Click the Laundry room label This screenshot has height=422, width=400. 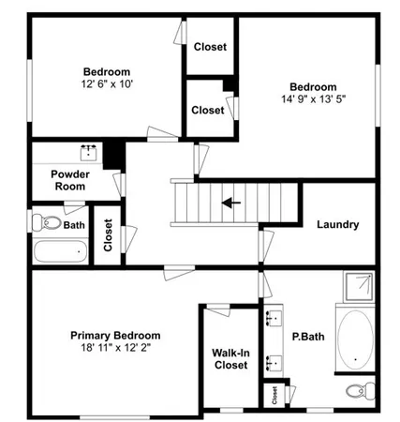click(x=338, y=224)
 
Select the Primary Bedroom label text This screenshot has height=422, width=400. click(x=115, y=335)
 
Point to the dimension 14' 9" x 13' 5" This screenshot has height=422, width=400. click(x=312, y=96)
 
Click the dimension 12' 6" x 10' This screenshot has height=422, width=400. click(x=107, y=83)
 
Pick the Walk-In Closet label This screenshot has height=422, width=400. click(x=230, y=358)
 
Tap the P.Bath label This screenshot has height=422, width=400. click(x=307, y=337)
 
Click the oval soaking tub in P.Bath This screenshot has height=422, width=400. click(x=354, y=339)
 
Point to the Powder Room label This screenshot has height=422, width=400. click(x=68, y=180)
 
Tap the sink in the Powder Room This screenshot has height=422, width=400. click(x=90, y=151)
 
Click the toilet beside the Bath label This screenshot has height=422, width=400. click(x=45, y=223)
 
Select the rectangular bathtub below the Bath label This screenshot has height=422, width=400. click(x=61, y=251)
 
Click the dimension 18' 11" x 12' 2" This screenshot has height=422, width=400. click(x=115, y=347)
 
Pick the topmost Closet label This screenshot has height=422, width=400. click(x=209, y=48)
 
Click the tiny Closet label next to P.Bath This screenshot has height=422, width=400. click(x=274, y=395)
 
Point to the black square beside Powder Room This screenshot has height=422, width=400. click(x=114, y=153)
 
